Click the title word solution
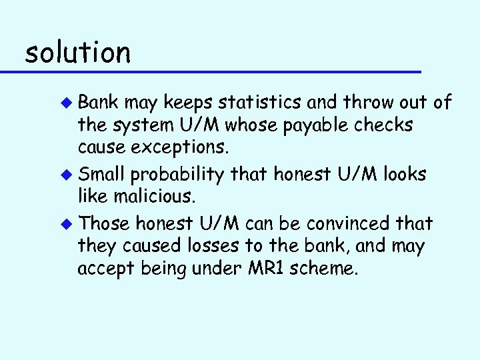77,52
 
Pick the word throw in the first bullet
359,102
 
